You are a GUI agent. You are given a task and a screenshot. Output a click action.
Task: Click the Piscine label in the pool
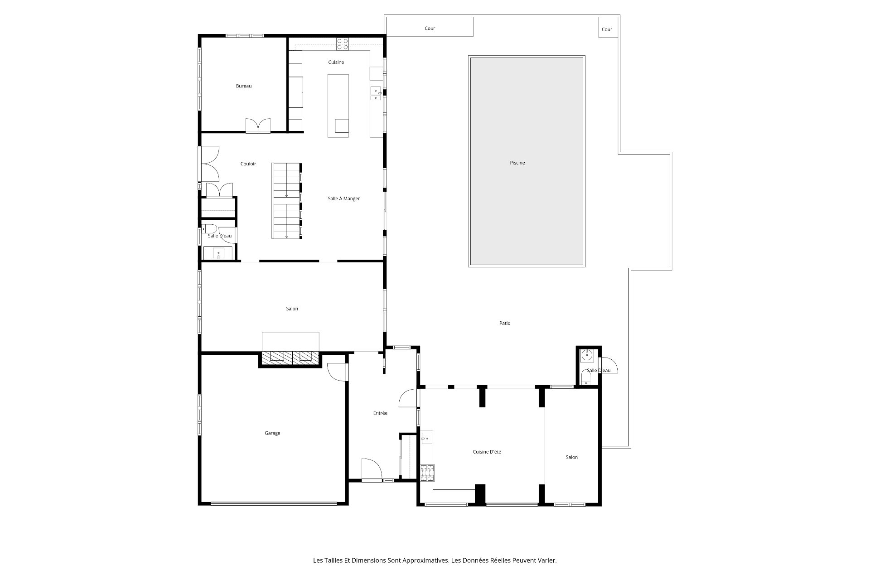517,163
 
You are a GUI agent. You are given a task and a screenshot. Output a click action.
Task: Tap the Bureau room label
244,86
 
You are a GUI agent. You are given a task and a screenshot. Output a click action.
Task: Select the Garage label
272,433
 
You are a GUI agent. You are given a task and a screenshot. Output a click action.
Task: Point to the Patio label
505,323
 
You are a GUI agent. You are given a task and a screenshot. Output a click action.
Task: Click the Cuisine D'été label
487,452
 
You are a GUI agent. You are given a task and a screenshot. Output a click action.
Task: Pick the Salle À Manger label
344,198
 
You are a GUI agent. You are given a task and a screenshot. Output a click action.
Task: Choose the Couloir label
248,164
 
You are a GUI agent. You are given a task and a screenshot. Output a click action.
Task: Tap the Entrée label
380,413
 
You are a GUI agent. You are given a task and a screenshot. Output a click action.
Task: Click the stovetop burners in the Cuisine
343,44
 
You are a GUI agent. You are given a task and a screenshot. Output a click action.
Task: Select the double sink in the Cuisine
376,93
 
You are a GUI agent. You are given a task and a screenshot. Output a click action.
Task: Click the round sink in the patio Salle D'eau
588,355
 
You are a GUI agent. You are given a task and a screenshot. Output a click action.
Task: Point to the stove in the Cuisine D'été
427,473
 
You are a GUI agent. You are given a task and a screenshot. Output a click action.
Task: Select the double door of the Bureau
258,126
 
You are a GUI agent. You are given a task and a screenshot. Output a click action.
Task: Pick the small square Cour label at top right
607,29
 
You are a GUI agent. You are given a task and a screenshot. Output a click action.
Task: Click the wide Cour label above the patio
430,28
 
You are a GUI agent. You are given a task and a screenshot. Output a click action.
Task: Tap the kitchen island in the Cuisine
338,106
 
